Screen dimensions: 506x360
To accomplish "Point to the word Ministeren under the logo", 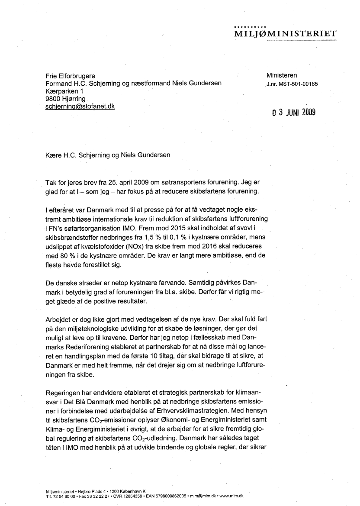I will click(x=282, y=75).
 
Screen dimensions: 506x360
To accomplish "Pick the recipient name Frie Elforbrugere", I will click(x=71, y=76).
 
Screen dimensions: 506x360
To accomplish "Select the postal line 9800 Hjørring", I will click(x=66, y=99).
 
